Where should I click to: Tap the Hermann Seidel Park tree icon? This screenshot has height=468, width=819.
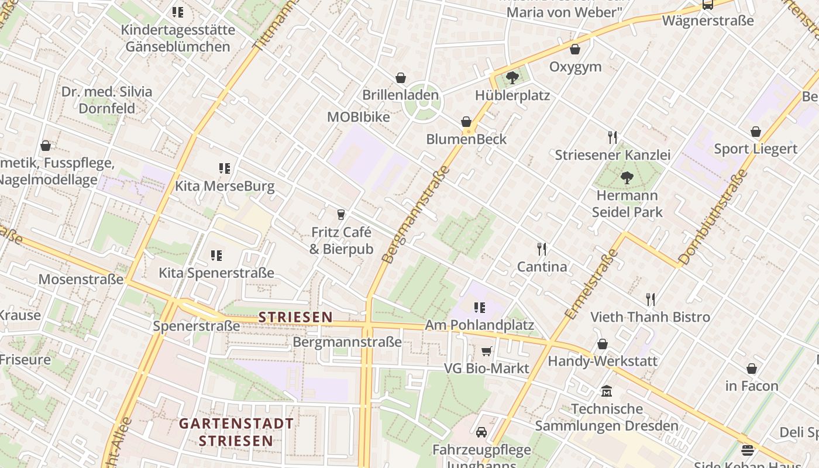pos(627,177)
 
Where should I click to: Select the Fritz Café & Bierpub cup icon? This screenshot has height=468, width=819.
pos(341,214)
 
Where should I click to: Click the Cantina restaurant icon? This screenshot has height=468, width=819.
pos(542,249)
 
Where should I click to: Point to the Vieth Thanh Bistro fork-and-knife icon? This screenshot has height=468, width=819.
pos(650,300)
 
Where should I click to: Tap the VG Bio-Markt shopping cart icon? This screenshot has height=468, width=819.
pos(486,351)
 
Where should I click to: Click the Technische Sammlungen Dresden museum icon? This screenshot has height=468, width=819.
pos(607,391)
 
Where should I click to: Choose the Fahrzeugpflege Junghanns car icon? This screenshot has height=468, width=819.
pos(481,432)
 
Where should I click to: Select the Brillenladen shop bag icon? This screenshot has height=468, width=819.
pos(401,78)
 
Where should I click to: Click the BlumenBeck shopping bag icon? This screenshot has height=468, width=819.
pos(466,122)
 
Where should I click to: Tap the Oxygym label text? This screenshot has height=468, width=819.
pos(575,67)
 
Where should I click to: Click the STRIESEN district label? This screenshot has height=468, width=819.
pos(295,317)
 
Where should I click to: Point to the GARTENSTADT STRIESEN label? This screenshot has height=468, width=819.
pos(236,432)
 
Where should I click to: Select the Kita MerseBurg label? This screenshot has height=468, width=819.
pos(225,187)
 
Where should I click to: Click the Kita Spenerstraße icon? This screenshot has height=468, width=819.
pos(216,256)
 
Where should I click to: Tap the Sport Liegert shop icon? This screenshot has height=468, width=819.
pos(756,132)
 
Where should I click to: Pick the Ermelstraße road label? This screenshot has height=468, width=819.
pos(591,284)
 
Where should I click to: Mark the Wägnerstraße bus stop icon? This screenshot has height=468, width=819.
pos(708,5)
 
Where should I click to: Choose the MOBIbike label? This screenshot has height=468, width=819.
pos(358,116)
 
